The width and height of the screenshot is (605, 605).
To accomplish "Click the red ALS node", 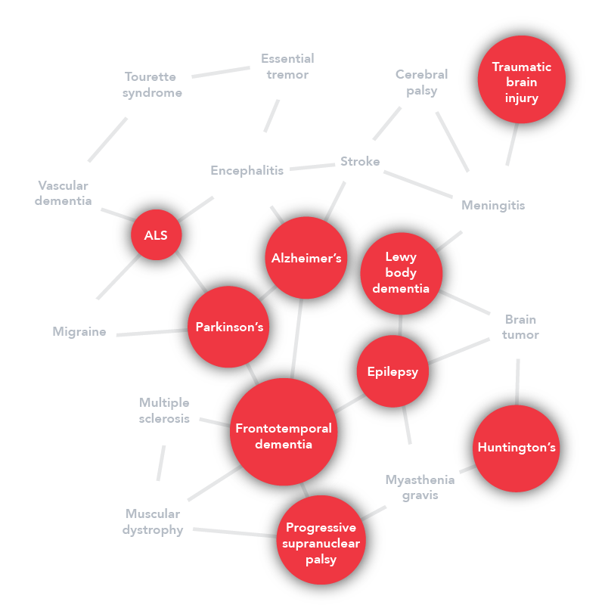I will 157,235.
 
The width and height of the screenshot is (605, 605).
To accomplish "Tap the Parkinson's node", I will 229,327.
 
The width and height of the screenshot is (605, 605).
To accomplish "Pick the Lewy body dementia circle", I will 401,273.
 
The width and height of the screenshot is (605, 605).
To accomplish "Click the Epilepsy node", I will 392,371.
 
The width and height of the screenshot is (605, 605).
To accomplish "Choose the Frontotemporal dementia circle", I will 284,435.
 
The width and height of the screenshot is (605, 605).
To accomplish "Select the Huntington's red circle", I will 517,448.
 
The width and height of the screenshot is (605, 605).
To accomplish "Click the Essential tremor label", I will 287,67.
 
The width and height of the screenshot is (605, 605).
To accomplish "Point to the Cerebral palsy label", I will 421,82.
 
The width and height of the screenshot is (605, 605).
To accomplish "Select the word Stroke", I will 360,162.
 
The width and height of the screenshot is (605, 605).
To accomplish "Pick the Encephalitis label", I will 247,171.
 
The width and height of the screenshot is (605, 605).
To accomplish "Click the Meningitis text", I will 493,206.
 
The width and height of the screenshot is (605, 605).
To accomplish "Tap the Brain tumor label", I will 520,327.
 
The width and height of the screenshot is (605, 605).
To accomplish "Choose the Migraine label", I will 79,332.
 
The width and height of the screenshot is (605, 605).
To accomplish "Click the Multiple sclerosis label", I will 164,411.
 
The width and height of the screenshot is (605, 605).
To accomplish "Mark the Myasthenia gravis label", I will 420,488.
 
